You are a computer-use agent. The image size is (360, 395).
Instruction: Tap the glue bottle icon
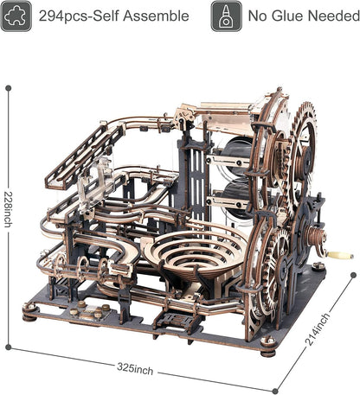(x=225, y=16)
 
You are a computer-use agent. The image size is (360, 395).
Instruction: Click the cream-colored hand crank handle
(x=341, y=256)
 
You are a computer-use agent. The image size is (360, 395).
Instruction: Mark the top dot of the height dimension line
(x=9, y=86)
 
